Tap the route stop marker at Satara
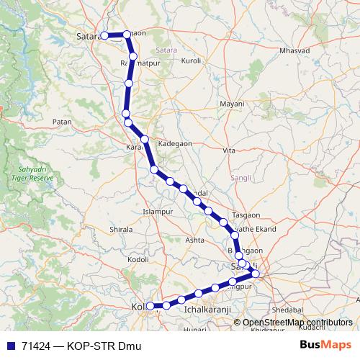[104, 35]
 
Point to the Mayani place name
[233, 104]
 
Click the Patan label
[63, 122]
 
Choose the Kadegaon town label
[176, 143]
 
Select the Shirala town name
[120, 229]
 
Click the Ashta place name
[195, 239]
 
